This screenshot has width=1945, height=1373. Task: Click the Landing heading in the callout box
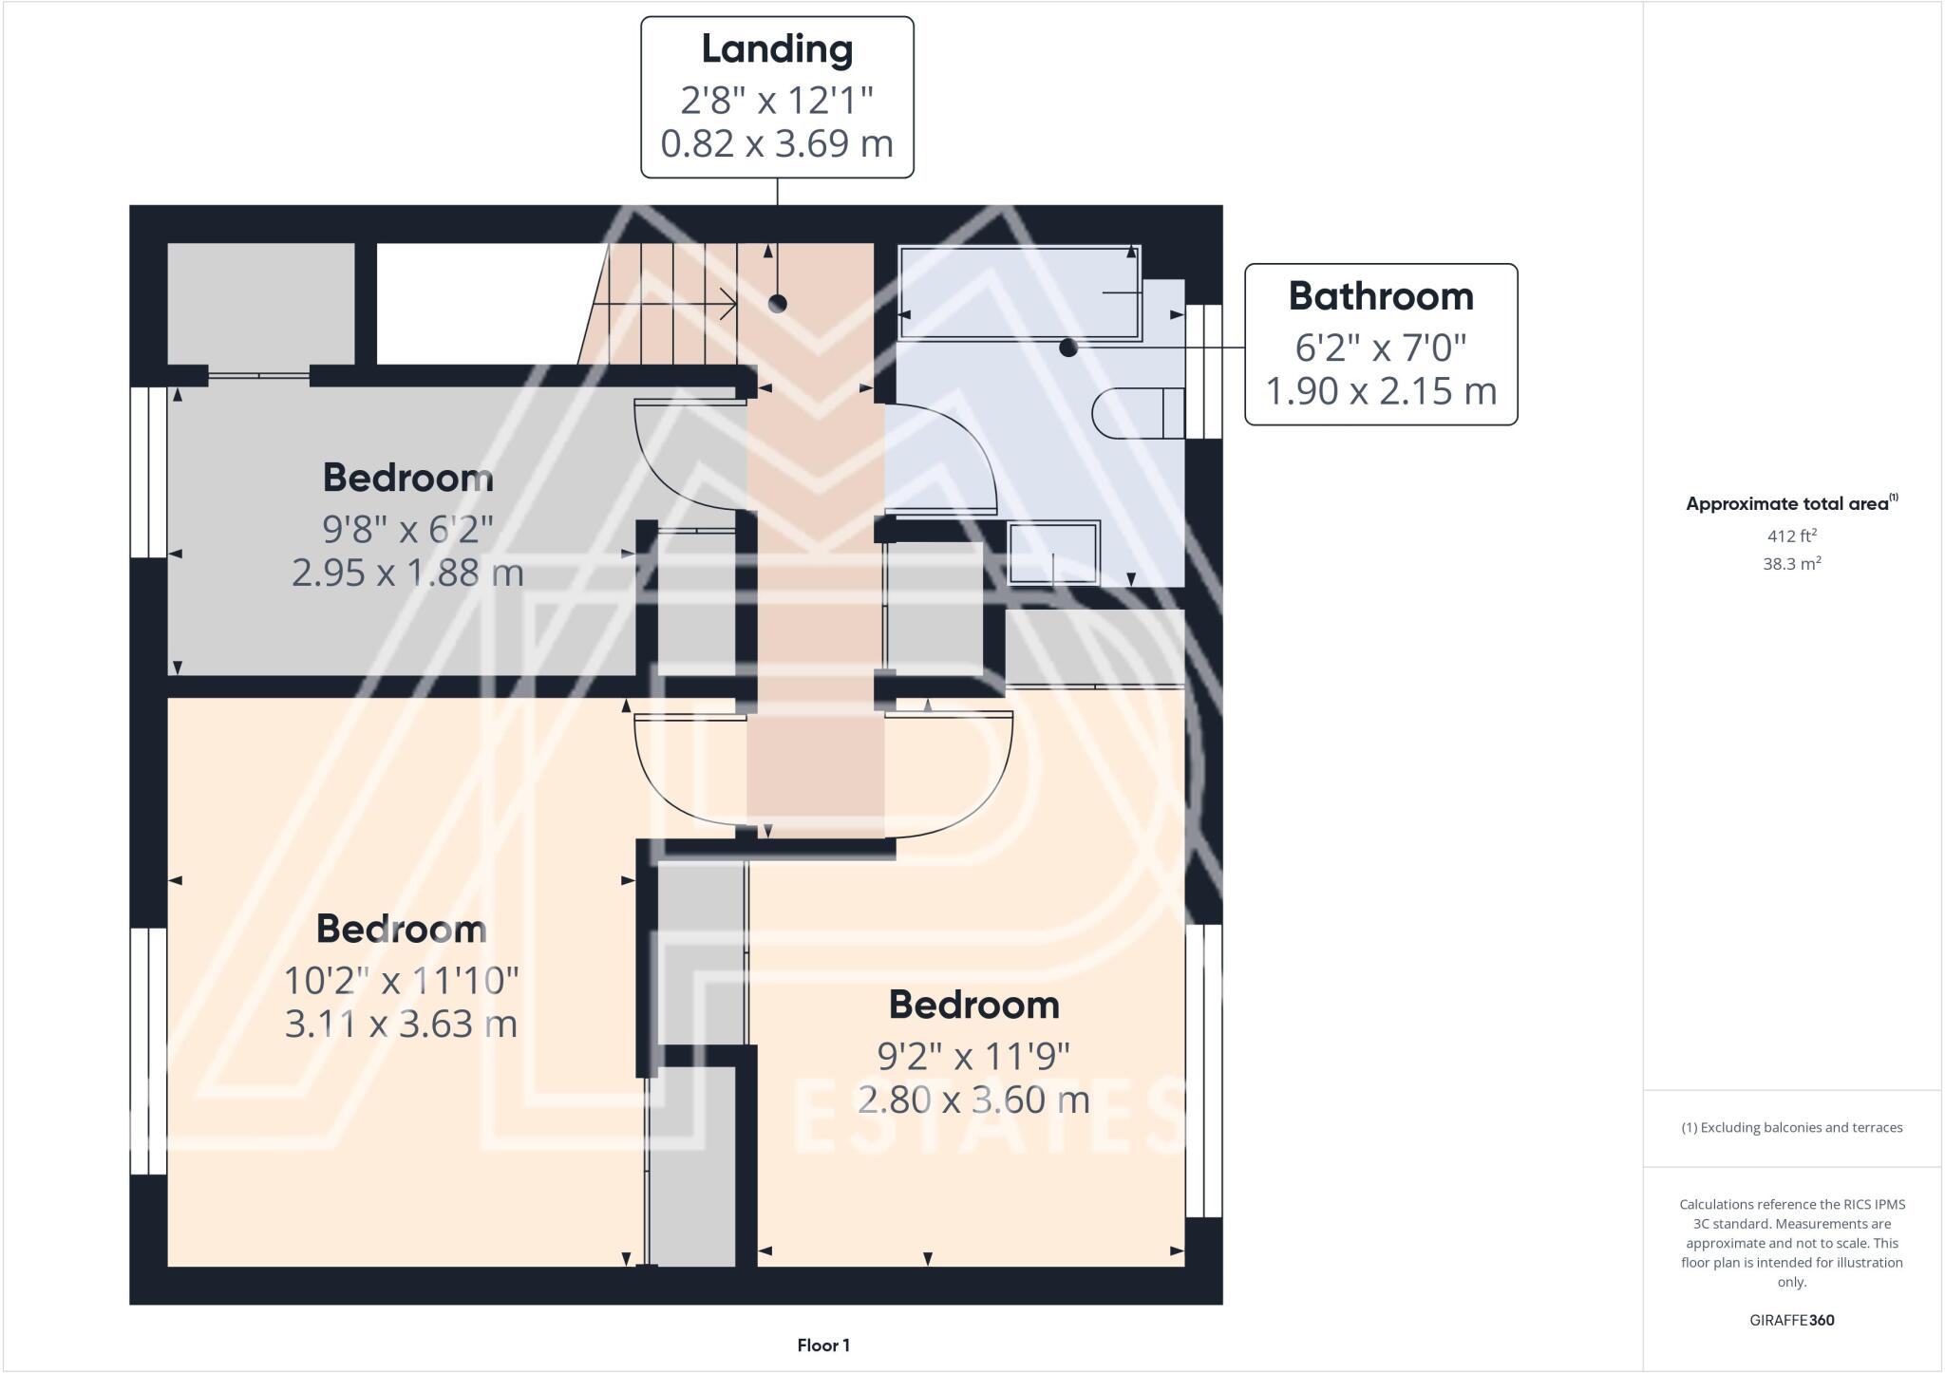coord(777,49)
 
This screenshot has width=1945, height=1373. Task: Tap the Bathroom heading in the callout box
coord(1381,296)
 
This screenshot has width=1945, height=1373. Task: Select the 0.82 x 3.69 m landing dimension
coord(777,143)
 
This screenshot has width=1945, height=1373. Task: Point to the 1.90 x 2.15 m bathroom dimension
coord(1381,390)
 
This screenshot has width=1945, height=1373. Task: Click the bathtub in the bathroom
coord(1019,292)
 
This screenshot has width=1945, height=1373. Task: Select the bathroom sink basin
coord(1054,552)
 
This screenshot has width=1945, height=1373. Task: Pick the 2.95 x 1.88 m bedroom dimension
coord(407,573)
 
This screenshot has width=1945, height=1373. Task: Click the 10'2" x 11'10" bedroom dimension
coord(402,979)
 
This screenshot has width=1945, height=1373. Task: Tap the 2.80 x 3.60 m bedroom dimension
coord(973,1100)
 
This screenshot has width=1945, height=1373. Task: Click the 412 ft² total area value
coord(1791,536)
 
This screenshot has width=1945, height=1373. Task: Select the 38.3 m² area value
coord(1791,563)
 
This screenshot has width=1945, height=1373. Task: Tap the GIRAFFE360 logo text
coord(1791,1320)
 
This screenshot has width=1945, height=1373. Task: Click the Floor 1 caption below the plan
coord(823,1345)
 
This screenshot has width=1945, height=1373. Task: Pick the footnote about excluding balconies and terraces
coord(1791,1128)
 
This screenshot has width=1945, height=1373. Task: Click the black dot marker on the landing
coord(777,304)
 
